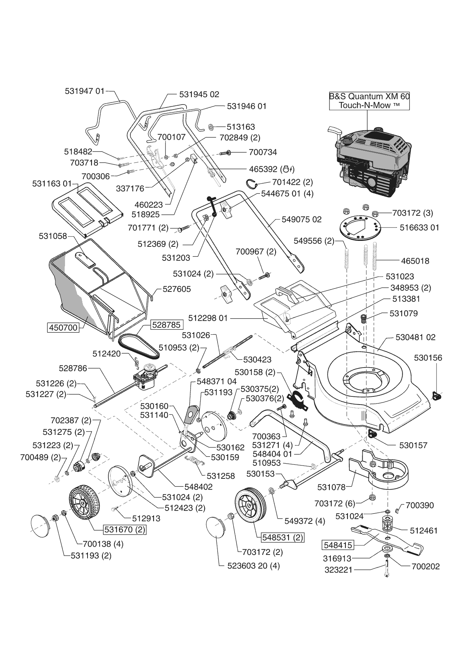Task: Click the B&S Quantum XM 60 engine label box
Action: [369, 101]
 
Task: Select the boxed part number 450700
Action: [63, 327]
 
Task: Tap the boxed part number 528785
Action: [166, 325]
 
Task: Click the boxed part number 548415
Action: [338, 545]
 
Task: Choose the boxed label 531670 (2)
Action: [124, 529]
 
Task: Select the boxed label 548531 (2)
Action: [283, 537]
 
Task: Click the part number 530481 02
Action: [415, 337]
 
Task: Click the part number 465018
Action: [415, 261]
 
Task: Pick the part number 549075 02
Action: [301, 219]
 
